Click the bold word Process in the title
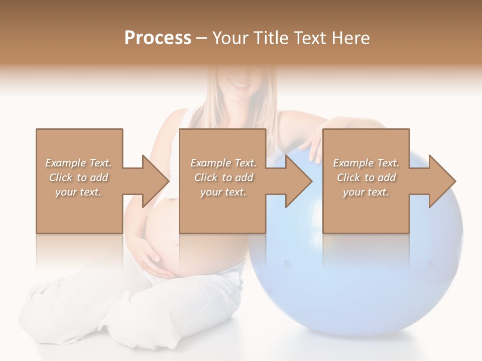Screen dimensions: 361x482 158,38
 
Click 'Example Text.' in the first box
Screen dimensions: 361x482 78,163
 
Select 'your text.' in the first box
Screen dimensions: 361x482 78,192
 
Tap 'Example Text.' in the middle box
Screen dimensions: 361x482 223,163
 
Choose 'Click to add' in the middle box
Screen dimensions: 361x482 223,177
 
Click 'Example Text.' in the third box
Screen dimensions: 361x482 366,163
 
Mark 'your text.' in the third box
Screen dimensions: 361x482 366,192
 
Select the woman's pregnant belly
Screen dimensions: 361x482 166,236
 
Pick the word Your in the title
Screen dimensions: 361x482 227,38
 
